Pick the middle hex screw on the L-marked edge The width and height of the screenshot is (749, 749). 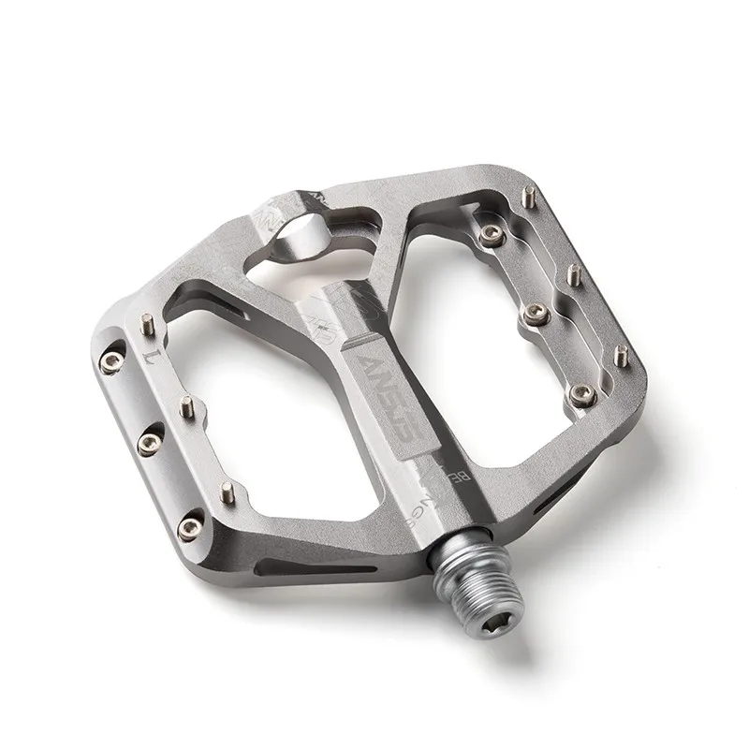coord(148,439)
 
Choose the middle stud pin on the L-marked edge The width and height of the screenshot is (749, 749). coord(186,405)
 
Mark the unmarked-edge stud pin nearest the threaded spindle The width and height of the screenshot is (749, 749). coord(619,353)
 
